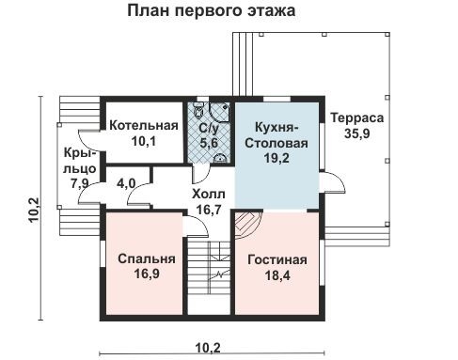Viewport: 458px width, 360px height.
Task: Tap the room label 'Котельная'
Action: click(143, 126)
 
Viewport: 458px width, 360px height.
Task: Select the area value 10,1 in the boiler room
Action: click(143, 142)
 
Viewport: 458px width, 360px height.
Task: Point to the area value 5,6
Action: click(208, 142)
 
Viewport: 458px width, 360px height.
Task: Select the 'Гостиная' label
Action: click(277, 259)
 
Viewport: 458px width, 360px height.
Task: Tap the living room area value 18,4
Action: click(277, 275)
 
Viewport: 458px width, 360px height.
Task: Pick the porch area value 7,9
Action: click(77, 183)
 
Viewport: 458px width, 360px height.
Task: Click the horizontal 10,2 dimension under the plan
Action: click(209, 347)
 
